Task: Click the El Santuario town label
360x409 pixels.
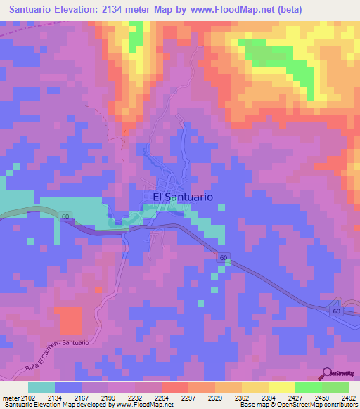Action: [183, 198]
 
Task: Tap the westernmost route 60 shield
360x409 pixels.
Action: [65, 219]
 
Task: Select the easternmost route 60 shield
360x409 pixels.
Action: [336, 310]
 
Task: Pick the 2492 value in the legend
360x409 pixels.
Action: [349, 398]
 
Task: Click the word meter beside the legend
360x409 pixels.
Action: [7, 398]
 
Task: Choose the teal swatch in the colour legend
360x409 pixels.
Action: [41, 387]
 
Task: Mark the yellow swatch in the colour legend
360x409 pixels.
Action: [281, 387]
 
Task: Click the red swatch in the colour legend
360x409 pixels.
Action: [174, 387]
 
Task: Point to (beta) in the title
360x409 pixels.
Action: [295, 10]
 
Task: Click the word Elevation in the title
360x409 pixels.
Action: [77, 10]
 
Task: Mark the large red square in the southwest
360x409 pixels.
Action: [70, 320]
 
